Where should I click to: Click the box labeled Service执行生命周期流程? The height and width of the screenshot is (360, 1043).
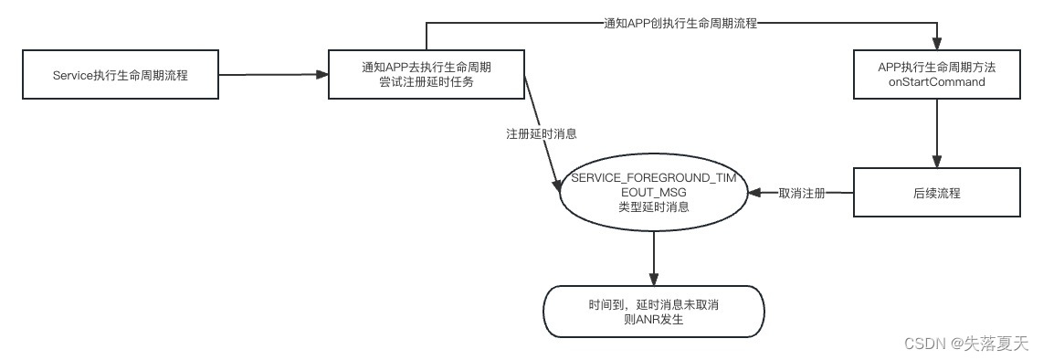click(120, 75)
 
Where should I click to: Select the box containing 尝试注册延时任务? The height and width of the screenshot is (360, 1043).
click(427, 75)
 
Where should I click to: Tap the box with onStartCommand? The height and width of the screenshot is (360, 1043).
click(936, 75)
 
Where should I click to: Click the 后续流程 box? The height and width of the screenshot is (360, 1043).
click(936, 193)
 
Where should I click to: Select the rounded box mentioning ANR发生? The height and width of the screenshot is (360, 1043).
click(653, 312)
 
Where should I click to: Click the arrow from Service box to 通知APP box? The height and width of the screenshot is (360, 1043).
click(274, 76)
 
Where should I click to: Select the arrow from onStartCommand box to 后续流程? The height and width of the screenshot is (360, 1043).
click(936, 132)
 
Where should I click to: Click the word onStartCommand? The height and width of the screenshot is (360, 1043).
click(937, 82)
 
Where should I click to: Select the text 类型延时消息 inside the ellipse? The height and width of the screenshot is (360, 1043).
click(653, 207)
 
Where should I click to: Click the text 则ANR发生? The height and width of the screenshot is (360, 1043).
click(653, 321)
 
